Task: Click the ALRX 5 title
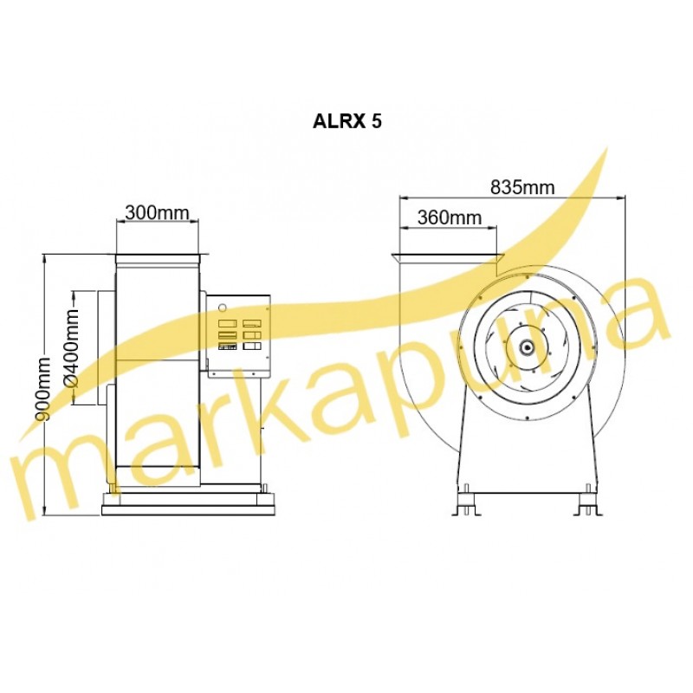[346, 121]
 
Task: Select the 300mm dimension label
[157, 212]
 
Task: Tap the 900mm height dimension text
[43, 388]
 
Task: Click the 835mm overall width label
[522, 187]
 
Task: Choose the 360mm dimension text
[450, 217]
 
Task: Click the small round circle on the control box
[223, 307]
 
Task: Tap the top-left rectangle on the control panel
[227, 323]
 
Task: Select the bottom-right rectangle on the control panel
[252, 346]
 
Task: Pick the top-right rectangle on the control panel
[252, 323]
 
